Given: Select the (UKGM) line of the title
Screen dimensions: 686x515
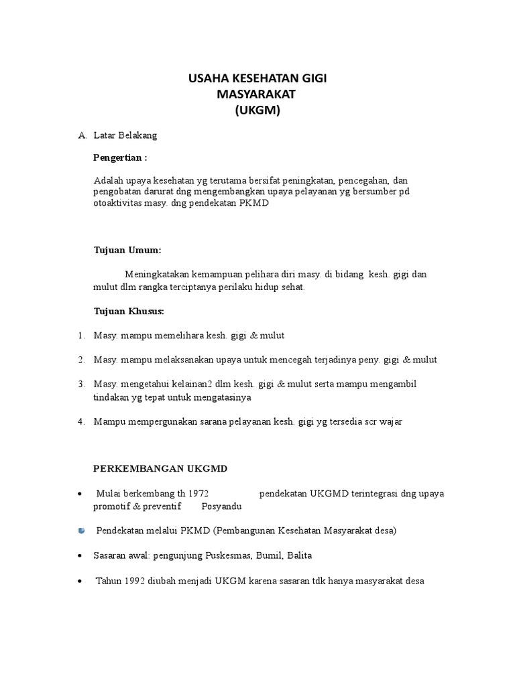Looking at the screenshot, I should (257, 111).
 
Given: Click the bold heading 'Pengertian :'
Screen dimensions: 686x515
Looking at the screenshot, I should (120, 158).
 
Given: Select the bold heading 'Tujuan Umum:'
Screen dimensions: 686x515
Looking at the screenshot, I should (127, 250).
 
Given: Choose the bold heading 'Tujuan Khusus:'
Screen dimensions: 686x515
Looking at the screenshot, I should (128, 312).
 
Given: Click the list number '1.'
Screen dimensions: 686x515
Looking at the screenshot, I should (81, 335).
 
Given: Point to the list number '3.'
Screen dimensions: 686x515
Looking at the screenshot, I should (81, 384).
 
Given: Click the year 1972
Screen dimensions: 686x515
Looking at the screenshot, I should (205, 494).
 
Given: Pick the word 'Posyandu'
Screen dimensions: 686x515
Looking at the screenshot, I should (221, 506).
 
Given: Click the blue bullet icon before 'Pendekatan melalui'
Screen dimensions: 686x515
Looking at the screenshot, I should (81, 531).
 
